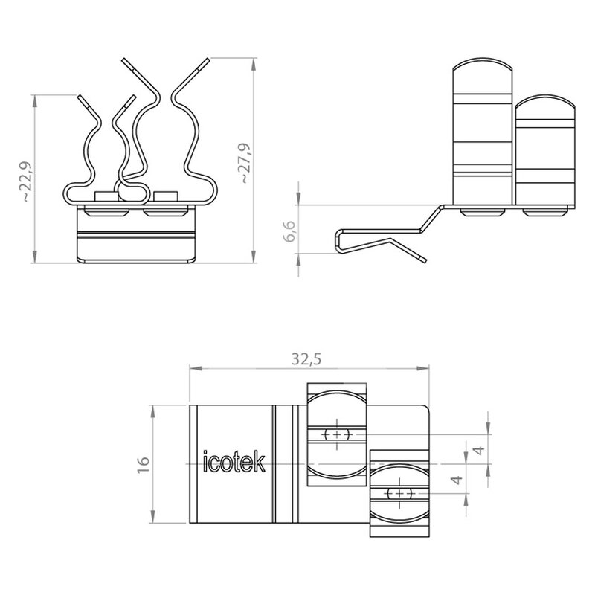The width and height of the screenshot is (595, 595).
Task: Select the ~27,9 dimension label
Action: (244, 163)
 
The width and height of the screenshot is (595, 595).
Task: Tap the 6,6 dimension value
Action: (289, 231)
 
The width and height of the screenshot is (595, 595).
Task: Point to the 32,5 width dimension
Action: (306, 358)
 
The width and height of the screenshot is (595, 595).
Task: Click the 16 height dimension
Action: (143, 464)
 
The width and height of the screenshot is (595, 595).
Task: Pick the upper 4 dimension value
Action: (480, 451)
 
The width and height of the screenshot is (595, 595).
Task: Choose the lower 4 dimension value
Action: (458, 480)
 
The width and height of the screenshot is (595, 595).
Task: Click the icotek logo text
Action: (234, 461)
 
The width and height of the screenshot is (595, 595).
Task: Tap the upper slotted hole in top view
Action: (337, 434)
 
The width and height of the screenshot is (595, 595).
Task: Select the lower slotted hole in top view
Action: (399, 494)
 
